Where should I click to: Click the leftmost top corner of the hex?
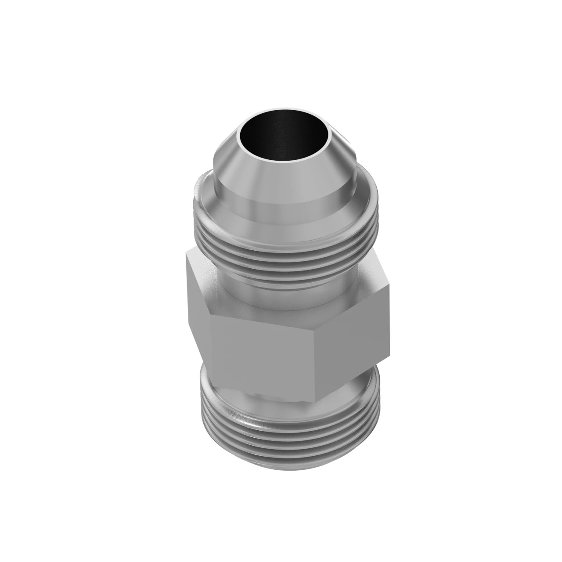tap(186, 252)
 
